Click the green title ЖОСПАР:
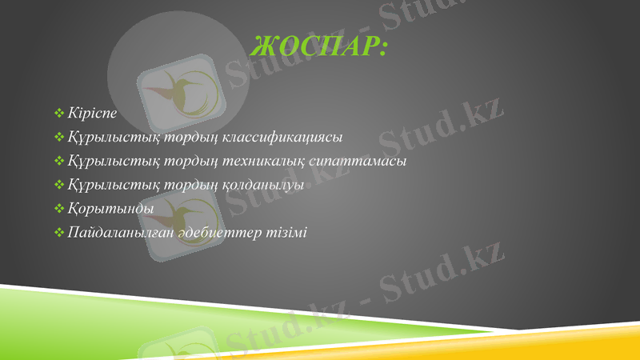tap(318, 47)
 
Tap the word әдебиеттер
tap(211, 233)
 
